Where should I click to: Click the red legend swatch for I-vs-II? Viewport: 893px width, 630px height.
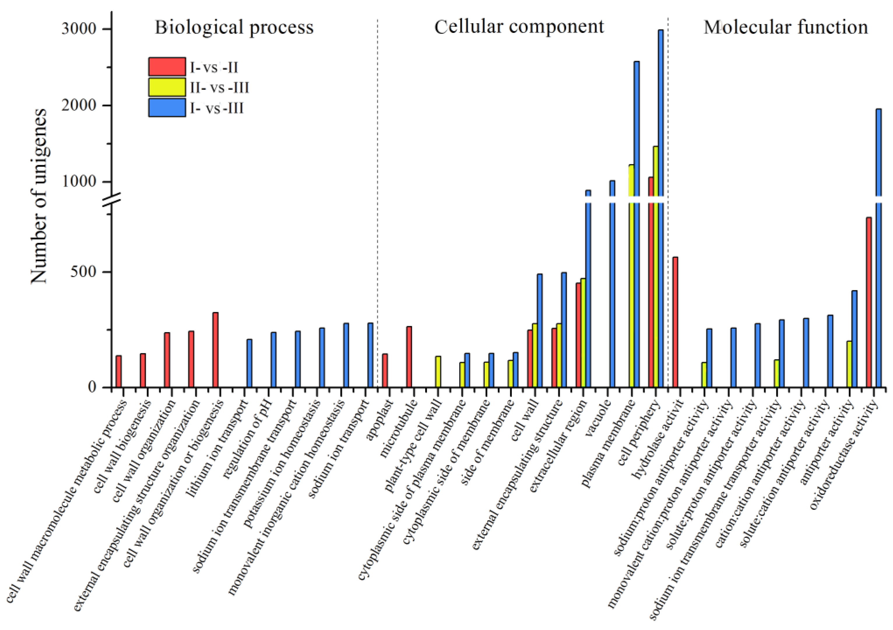(x=167, y=66)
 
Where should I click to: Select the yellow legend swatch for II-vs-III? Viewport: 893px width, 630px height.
(x=167, y=87)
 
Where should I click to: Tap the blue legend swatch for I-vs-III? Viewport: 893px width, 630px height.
(x=167, y=107)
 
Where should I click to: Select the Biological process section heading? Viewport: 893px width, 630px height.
(x=234, y=27)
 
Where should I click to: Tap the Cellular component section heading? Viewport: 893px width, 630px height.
(x=519, y=27)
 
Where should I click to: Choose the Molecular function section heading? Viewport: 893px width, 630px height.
(x=786, y=27)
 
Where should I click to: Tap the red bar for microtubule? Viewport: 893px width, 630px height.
(x=409, y=357)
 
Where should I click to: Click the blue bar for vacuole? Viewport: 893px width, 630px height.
(x=612, y=284)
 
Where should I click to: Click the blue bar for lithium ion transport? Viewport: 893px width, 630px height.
(x=249, y=363)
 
